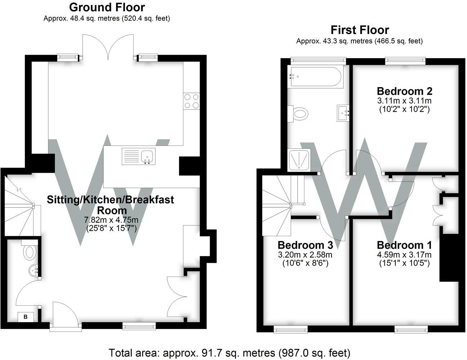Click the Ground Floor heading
click(107, 7)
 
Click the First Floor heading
click(360, 30)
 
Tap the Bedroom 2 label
click(404, 91)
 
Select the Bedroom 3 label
click(305, 245)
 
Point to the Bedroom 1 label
click(404, 245)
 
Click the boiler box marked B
click(26, 317)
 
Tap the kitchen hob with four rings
click(191, 101)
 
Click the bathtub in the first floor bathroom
click(316, 76)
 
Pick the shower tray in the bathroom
click(299, 160)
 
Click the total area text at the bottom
click(229, 352)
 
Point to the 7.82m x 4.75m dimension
click(111, 220)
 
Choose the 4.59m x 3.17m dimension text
click(404, 255)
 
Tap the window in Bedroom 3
click(291, 328)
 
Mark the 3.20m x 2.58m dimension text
click(305, 255)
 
